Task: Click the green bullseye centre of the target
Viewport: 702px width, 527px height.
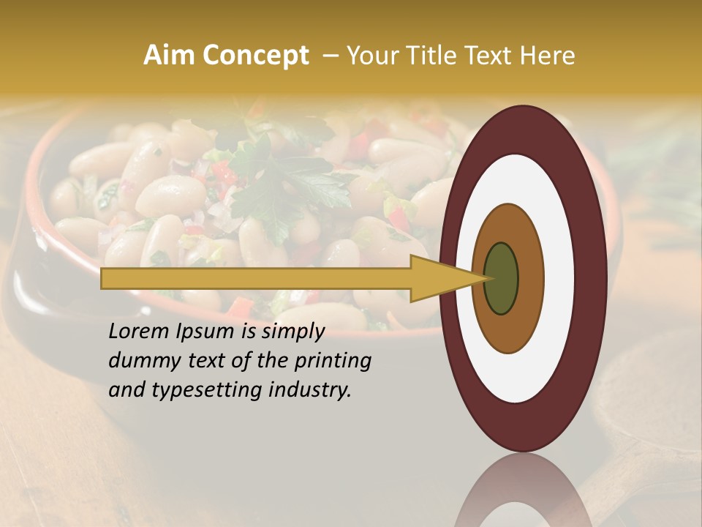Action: [x=501, y=278]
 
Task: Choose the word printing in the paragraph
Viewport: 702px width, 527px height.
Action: [x=332, y=362]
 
